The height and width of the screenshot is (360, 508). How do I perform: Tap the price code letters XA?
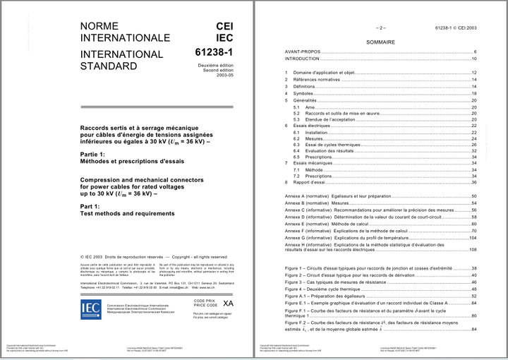pyautogui.click(x=228, y=302)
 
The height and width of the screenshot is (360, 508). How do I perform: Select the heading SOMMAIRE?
pyautogui.click(x=380, y=42)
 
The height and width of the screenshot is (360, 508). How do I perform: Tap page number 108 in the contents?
pyautogui.click(x=473, y=249)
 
